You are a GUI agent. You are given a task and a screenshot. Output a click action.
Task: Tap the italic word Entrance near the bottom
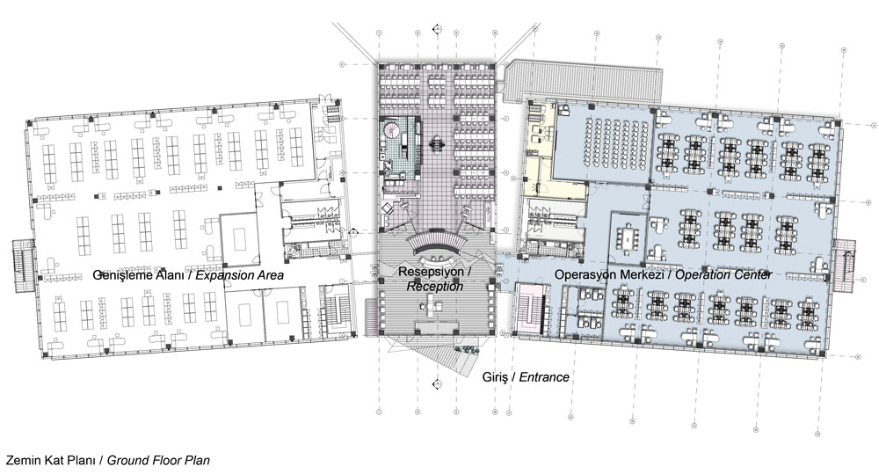(x=544, y=377)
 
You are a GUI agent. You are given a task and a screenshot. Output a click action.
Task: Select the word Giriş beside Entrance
(x=494, y=377)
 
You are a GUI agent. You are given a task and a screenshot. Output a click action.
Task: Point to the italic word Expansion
(x=222, y=275)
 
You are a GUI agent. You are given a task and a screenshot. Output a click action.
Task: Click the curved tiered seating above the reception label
(x=438, y=243)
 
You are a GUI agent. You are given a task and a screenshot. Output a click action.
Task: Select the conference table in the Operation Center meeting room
(x=627, y=237)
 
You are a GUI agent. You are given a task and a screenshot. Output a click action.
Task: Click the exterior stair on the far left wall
(x=23, y=266)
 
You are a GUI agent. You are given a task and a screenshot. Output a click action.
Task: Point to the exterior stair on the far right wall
(x=844, y=266)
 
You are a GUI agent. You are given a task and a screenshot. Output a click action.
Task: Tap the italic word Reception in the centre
(x=435, y=286)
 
